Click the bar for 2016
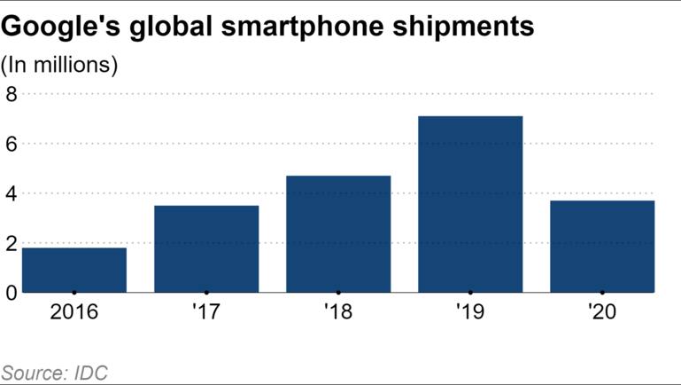(74, 270)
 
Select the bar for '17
(206, 249)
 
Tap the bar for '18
(338, 234)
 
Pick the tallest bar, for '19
(470, 204)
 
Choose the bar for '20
(602, 247)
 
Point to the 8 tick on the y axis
(11, 93)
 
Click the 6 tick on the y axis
(11, 144)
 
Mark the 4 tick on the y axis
(11, 193)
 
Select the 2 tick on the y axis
(11, 244)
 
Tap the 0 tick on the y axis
(11, 293)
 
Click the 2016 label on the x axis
(74, 313)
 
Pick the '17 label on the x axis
(206, 313)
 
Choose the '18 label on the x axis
(338, 313)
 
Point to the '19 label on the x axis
(470, 313)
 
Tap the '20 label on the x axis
(602, 313)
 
